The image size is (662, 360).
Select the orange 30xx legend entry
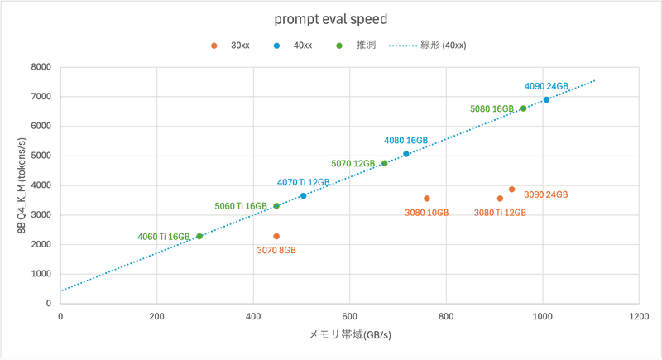point(232,46)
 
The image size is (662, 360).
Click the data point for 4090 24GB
point(546,99)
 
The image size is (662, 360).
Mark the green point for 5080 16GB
point(523,108)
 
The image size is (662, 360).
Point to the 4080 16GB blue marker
point(406,154)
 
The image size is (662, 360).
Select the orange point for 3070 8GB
point(276,237)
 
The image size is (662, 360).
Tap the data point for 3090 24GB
point(511,190)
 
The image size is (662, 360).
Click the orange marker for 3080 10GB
point(427,199)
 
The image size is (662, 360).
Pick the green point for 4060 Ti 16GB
point(199,237)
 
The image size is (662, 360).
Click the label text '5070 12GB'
point(353,164)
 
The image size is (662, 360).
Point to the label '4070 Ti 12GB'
point(304,182)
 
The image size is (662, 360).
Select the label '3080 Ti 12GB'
point(500,213)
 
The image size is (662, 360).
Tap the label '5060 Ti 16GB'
point(241,206)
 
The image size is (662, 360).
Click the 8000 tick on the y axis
point(41,67)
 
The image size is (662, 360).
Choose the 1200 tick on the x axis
point(638,316)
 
